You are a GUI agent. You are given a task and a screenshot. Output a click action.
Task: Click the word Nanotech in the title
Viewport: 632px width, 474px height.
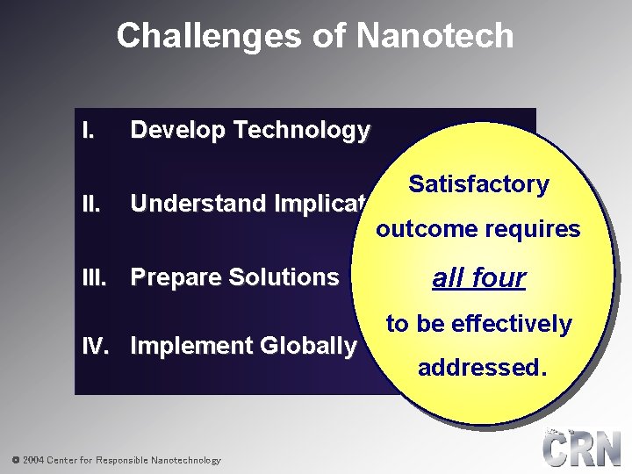tap(435, 36)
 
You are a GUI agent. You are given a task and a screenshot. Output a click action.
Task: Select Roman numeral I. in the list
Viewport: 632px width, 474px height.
tap(88, 132)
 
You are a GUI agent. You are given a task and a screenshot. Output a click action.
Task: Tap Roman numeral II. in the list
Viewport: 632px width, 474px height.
tap(90, 204)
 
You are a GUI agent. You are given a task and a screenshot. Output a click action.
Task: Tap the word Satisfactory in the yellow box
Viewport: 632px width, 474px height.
tap(478, 184)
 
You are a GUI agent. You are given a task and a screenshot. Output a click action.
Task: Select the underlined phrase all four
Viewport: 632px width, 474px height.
tap(478, 278)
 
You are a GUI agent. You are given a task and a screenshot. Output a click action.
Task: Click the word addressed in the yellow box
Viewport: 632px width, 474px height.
tap(480, 368)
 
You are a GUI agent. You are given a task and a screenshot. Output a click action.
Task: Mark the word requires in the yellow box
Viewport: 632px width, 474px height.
tap(535, 230)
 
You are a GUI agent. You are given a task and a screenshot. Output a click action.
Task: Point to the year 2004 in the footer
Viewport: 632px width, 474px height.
tap(32, 460)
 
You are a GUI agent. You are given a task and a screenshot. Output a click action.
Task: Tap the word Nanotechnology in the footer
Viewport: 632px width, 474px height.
tap(186, 460)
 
